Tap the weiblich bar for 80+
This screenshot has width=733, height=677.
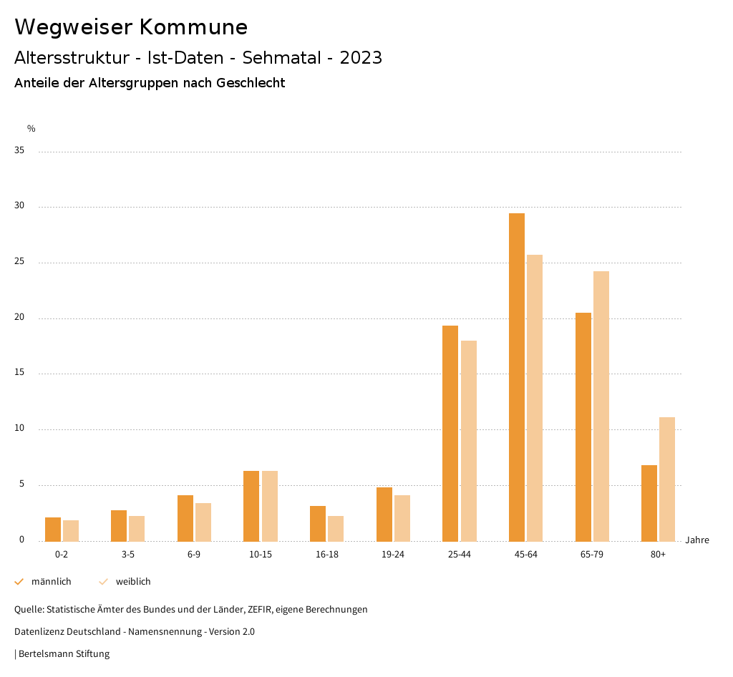[667, 479]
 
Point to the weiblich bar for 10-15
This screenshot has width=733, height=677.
[270, 506]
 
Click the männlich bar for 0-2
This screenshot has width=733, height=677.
[53, 529]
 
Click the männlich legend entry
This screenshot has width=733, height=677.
[51, 582]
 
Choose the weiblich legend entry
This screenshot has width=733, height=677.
[133, 582]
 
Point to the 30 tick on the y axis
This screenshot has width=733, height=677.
[20, 206]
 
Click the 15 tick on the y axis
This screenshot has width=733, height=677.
[20, 373]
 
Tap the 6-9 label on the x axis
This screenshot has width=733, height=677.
[194, 555]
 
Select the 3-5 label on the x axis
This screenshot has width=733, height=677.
[128, 555]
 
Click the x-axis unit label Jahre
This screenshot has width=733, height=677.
[697, 540]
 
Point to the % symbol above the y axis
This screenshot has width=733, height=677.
[31, 129]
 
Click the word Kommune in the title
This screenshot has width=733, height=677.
[193, 27]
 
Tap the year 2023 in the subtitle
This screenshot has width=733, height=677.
[361, 58]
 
